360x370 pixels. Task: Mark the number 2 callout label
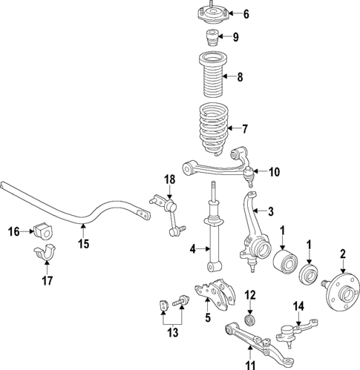coord(343,254)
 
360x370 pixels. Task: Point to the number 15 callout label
coord(84,244)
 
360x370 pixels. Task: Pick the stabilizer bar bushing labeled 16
coord(43,231)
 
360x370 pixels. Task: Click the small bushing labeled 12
coord(251,320)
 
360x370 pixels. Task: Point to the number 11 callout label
coord(250,363)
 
